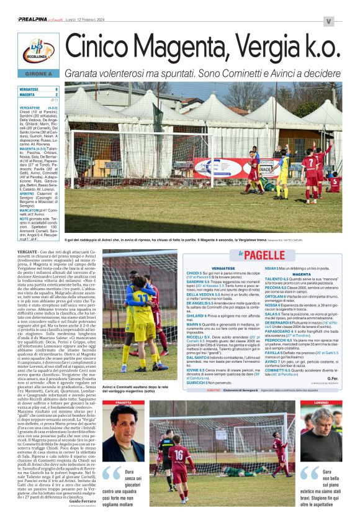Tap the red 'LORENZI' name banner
click(x=321, y=402)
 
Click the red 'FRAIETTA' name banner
click(x=124, y=402)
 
